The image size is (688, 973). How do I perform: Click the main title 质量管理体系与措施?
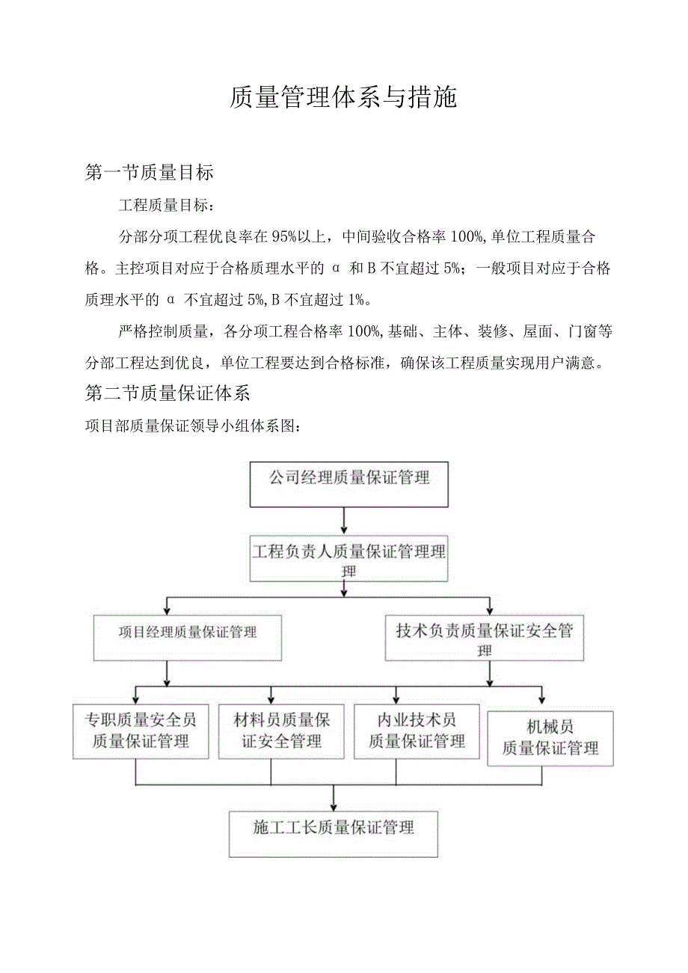pos(343,98)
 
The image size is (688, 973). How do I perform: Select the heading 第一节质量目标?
pos(150,173)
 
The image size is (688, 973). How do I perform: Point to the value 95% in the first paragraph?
pos(286,236)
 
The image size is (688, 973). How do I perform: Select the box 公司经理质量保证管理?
pos(349,484)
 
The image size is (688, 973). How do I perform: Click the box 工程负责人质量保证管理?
pos(349,557)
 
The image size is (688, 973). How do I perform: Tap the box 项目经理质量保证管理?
pos(188,638)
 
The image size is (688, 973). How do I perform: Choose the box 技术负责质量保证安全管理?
pos(484,637)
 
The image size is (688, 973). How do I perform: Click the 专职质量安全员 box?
pos(141,731)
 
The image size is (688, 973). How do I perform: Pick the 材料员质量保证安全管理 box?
pos(281,731)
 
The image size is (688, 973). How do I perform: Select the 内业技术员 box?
pos(417,731)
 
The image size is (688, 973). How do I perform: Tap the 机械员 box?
pos(550,738)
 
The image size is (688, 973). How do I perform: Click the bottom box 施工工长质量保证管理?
pos(334,833)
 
